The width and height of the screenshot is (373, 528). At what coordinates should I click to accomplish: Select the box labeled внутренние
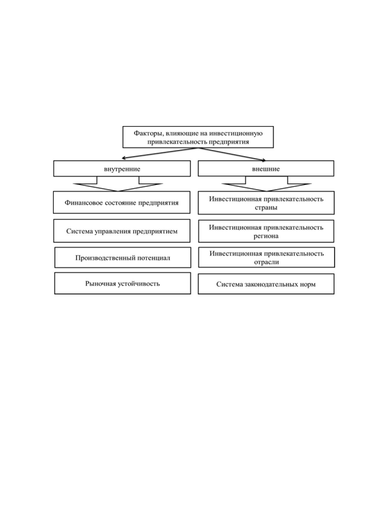click(122, 168)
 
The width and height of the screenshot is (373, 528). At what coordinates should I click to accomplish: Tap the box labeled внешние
click(266, 168)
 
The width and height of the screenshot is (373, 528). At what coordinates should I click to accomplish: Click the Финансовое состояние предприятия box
click(122, 202)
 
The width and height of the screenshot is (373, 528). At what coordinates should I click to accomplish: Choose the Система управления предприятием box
click(122, 231)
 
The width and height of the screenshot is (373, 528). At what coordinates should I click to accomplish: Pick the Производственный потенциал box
click(123, 257)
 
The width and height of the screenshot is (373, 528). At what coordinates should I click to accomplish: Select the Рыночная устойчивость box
click(123, 283)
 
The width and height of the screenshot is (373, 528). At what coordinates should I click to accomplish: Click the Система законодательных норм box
click(266, 284)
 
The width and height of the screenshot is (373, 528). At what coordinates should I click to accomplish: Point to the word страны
click(266, 208)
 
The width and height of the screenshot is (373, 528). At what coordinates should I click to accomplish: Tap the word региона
click(266, 236)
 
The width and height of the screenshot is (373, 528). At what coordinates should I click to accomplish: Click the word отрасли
click(266, 262)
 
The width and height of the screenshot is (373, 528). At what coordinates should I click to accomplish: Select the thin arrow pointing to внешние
click(232, 154)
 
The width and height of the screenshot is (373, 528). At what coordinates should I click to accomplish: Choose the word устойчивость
click(139, 283)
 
